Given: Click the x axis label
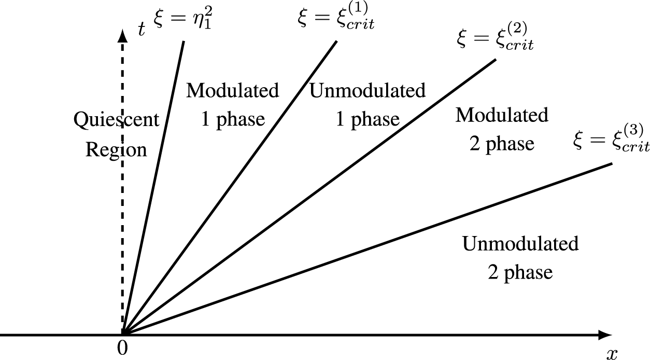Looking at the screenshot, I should click(612, 353).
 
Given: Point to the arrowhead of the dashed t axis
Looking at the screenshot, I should click(123, 35).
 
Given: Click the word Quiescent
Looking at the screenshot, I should click(116, 120).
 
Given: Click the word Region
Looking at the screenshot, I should click(116, 150).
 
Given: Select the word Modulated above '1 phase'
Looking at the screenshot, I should click(233, 90).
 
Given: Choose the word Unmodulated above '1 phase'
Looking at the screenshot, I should click(368, 90).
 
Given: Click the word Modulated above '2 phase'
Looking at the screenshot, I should click(502, 115).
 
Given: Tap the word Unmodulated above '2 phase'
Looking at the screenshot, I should click(520, 243).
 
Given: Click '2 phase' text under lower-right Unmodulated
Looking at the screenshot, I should click(520, 271).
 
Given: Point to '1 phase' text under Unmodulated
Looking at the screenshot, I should click(368, 119).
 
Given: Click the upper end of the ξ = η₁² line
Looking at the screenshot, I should click(184, 41).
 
